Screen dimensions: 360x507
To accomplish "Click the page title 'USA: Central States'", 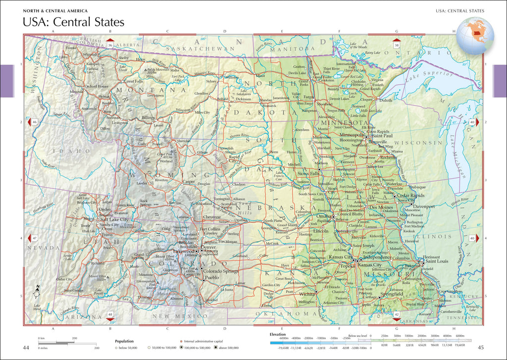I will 73,22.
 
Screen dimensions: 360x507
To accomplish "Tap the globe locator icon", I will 475,36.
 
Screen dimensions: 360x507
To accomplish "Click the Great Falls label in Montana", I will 133,81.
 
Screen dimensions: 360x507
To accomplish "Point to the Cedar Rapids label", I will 407,195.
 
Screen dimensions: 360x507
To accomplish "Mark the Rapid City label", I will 233,158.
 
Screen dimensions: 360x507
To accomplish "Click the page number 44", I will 27,347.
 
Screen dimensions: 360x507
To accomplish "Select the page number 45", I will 480,347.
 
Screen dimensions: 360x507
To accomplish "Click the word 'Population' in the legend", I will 124,341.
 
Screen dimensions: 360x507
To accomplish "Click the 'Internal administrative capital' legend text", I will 201,341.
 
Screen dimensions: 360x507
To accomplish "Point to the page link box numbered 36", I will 109,45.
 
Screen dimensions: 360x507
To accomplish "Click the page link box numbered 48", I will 110,314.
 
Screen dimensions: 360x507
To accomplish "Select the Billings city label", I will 148,118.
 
